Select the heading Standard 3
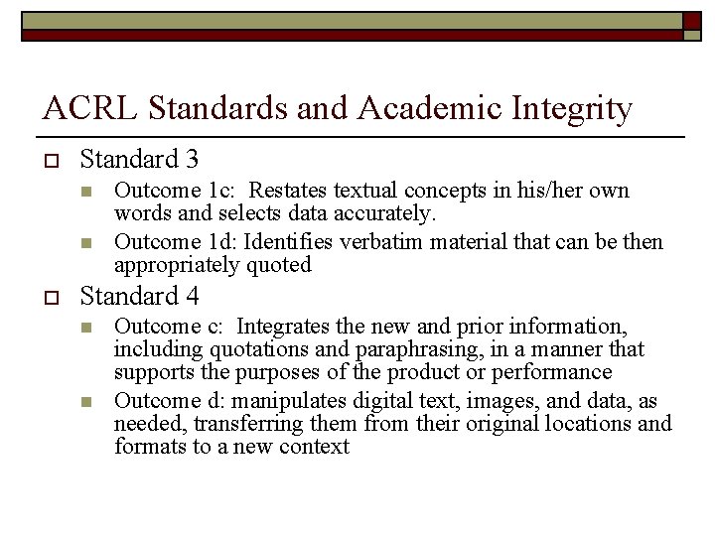coord(139,159)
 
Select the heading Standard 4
coord(139,296)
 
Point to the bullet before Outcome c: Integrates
coord(86,328)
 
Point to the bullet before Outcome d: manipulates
coord(86,402)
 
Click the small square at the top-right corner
coord(693,20)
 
